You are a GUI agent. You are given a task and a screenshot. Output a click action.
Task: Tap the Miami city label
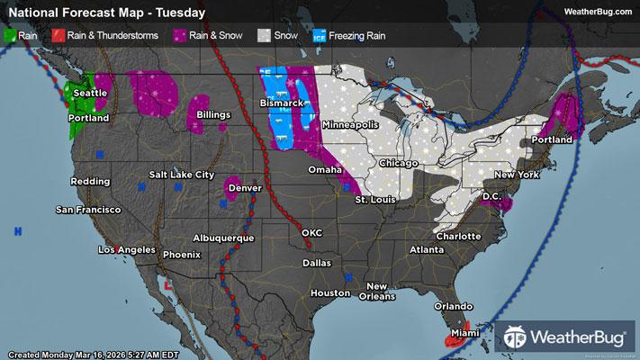pyautogui.click(x=466, y=334)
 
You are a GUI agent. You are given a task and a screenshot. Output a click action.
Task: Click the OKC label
pyautogui.click(x=311, y=232)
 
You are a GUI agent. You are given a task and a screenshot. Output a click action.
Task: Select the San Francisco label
pyautogui.click(x=88, y=210)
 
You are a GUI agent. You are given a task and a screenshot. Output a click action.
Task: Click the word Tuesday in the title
pyautogui.click(x=178, y=13)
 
